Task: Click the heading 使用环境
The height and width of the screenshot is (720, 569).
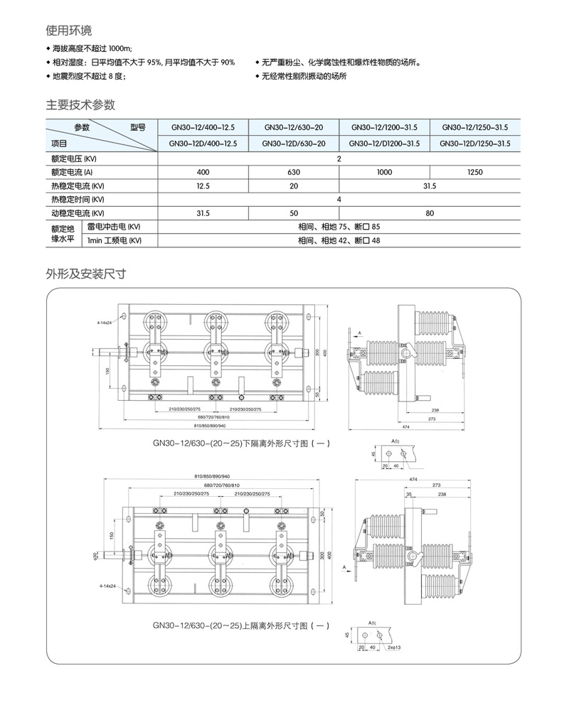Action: coord(69,31)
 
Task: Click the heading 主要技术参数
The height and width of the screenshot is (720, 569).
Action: coord(80,105)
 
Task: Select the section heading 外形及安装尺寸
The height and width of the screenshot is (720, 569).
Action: coord(85,274)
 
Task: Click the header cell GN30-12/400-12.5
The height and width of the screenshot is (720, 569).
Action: coord(203,128)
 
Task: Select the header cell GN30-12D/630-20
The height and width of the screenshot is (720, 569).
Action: coord(294,144)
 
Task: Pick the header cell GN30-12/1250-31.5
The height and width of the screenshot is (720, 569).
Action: coord(474,128)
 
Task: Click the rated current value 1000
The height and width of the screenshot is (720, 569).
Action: coord(385,172)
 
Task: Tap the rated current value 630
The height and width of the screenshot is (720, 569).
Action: coord(294,172)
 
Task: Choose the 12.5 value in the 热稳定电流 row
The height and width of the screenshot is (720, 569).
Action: coord(203,186)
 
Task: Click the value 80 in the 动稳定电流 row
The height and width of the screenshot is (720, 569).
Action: coord(430,213)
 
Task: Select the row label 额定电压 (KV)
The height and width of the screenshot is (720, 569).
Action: coord(74,158)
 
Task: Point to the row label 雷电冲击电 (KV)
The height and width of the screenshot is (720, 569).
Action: coord(115,226)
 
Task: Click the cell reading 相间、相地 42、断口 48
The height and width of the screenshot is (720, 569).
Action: coord(339,240)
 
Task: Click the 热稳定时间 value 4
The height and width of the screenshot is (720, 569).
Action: coord(339,199)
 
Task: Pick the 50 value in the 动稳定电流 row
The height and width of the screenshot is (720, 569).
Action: coord(294,213)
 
